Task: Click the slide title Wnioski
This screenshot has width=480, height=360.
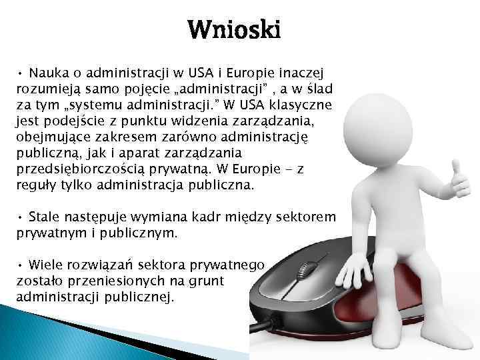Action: point(234,30)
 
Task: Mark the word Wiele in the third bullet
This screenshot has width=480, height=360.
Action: point(47,265)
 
